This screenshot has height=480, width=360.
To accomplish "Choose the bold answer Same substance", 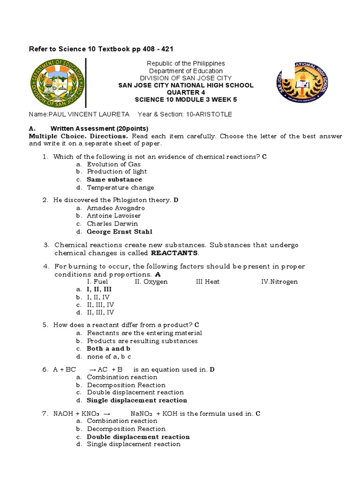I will pyautogui.click(x=114, y=180).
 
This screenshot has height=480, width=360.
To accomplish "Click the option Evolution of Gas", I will pyautogui.click(x=113, y=164).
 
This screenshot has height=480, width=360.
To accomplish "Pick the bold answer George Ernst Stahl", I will pyautogui.click(x=120, y=232).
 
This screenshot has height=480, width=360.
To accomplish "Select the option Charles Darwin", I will pyautogui.click(x=112, y=224).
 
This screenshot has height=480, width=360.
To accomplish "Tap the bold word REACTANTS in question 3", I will pyautogui.click(x=174, y=253).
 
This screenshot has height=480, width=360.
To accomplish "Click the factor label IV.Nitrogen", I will pyautogui.click(x=279, y=282).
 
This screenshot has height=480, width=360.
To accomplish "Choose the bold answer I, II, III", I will pyautogui.click(x=99, y=290).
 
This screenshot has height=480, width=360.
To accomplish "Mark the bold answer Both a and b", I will pyautogui.click(x=109, y=349).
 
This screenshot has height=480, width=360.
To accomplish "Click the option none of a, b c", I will pyautogui.click(x=109, y=357).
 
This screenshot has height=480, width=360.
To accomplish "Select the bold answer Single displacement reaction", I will pyautogui.click(x=137, y=400).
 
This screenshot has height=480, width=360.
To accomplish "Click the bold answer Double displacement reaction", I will pyautogui.click(x=138, y=437).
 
